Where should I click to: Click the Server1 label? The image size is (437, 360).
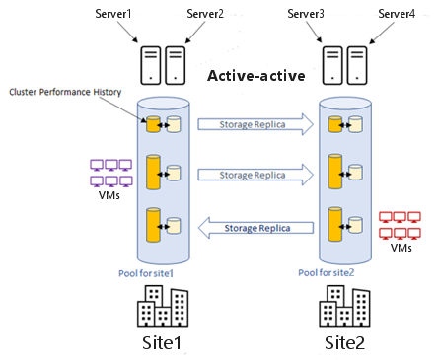113,14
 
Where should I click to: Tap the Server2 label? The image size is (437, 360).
205,14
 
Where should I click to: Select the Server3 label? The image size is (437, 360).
306,14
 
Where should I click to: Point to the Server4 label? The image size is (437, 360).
397,14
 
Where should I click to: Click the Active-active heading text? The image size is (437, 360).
256,76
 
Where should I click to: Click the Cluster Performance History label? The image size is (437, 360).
65,92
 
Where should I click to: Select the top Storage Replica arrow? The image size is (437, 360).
255,124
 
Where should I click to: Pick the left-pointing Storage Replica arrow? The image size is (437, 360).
255,228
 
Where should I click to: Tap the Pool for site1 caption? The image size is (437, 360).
146,273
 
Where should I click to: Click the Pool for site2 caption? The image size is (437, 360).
327,272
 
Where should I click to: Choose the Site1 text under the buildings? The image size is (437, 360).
162,342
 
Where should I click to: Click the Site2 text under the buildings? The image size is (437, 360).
344,342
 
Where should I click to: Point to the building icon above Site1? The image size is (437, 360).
163,307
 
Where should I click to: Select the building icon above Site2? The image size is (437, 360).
344,307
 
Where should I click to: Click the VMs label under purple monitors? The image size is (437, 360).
109,195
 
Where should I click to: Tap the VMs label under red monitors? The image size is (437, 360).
401,248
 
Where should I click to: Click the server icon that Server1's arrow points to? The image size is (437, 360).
151,65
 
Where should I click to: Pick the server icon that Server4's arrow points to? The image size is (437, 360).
357,65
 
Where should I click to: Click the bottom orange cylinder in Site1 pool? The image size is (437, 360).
153,225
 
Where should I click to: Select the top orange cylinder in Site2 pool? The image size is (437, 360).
335,124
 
